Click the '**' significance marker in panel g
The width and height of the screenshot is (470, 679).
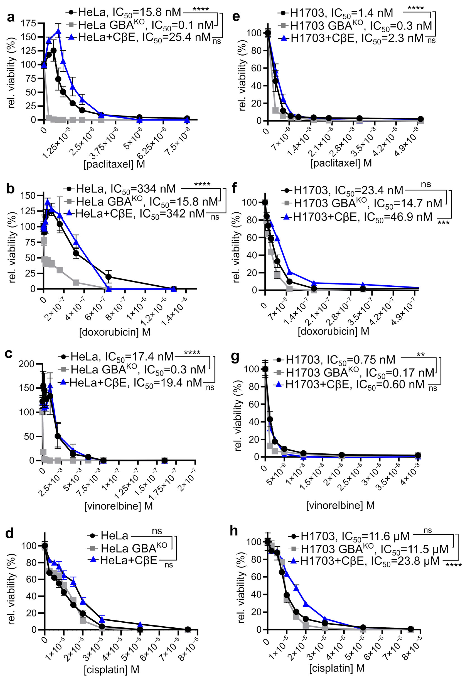(x=420, y=355)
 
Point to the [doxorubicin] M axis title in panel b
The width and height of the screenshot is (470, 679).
(x=115, y=332)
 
